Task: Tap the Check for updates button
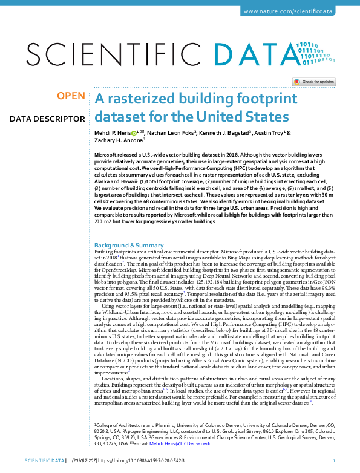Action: coord(314,82)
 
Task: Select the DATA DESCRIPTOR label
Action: coord(47,119)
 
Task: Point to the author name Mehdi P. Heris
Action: coord(112,132)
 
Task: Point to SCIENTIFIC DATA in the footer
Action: coord(43,462)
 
